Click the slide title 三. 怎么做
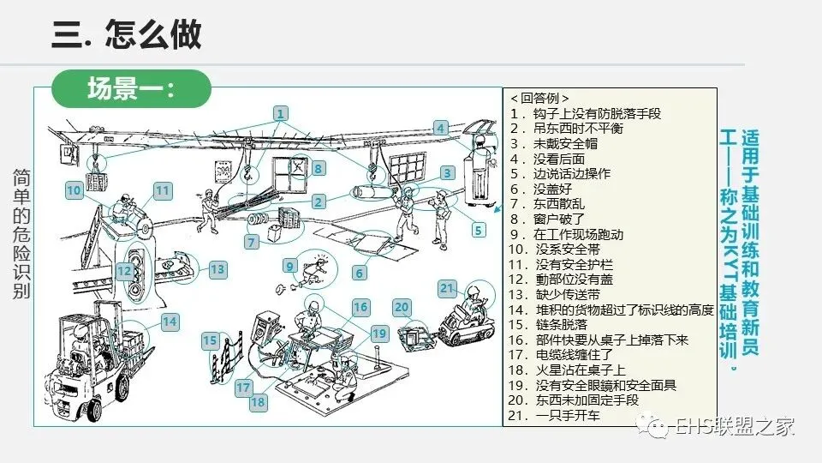(x=127, y=34)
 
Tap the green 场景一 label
(x=130, y=88)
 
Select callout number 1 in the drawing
(x=281, y=113)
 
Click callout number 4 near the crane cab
(x=441, y=129)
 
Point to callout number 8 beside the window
(x=318, y=169)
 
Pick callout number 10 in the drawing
(x=74, y=190)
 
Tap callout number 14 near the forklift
(x=170, y=322)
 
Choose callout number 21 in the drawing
(x=446, y=288)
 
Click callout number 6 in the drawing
(x=360, y=273)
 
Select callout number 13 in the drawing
(x=217, y=269)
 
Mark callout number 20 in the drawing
(x=402, y=307)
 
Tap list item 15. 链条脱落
(x=557, y=324)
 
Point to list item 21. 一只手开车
(x=555, y=416)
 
